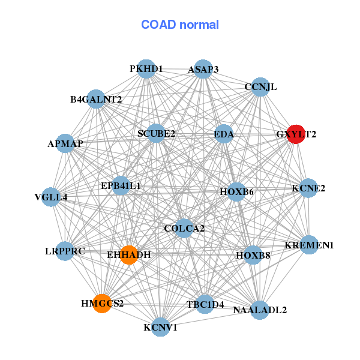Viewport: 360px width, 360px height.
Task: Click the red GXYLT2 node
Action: (296, 134)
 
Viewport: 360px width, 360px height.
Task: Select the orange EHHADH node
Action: (129, 255)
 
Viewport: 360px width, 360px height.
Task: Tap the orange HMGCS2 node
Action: (102, 304)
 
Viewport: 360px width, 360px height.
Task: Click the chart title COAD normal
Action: (180, 25)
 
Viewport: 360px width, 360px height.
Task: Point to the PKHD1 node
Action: (146, 69)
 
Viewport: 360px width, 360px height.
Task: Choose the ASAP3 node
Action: (203, 69)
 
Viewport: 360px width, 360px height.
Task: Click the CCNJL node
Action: (260, 87)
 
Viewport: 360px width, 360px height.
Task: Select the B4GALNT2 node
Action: (96, 99)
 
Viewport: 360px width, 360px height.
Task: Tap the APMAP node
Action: (65, 143)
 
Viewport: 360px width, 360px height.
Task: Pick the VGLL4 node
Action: (51, 197)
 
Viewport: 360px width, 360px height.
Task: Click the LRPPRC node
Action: (65, 251)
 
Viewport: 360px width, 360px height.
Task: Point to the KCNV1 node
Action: (161, 327)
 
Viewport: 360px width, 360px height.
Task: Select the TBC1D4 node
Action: (205, 304)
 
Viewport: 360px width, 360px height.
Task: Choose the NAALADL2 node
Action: (260, 310)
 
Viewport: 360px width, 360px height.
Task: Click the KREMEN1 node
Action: (309, 245)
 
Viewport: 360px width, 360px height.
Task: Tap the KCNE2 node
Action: (308, 188)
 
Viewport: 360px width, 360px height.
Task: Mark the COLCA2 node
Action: (184, 229)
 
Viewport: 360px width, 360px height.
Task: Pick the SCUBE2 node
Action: (156, 133)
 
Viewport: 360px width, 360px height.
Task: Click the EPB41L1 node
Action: (121, 186)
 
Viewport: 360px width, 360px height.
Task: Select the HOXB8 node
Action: (253, 255)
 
